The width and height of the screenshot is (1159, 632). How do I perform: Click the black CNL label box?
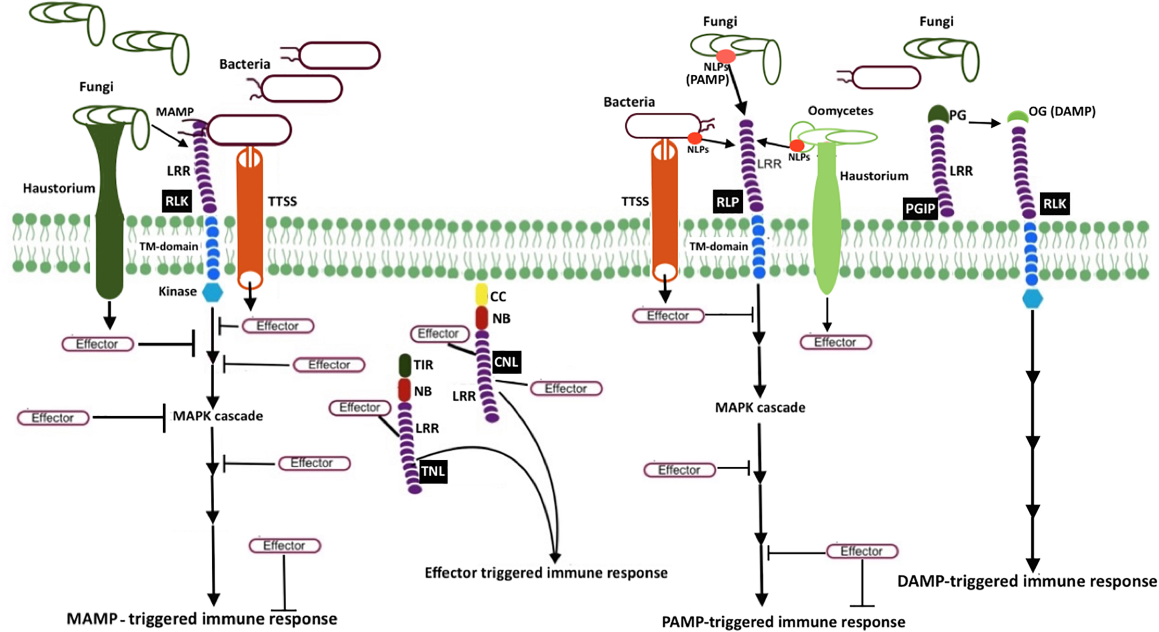[506, 362]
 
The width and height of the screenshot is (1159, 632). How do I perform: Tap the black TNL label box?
[433, 471]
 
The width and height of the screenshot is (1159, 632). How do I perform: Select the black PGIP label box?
[920, 209]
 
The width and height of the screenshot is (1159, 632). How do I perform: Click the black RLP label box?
[727, 202]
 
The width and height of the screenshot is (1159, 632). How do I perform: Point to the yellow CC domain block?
[482, 294]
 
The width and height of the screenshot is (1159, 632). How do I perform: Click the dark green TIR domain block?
[405, 365]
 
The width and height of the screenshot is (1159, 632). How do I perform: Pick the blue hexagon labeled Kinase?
[213, 292]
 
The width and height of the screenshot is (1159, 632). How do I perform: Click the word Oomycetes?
[840, 111]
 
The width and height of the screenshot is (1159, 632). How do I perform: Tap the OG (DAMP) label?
[1062, 111]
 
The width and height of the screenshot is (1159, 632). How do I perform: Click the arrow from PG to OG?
[984, 123]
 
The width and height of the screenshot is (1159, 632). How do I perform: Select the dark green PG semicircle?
[938, 114]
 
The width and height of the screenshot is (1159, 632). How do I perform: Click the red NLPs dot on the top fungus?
[726, 57]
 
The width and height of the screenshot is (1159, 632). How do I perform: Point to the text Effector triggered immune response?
[546, 573]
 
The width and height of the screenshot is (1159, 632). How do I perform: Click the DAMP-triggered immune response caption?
[1027, 581]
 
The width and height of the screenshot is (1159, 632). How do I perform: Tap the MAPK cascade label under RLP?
[760, 407]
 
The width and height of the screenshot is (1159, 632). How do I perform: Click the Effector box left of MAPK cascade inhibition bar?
[53, 418]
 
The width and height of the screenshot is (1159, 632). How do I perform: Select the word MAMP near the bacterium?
[174, 112]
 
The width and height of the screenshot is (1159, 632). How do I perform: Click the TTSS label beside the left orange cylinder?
[282, 201]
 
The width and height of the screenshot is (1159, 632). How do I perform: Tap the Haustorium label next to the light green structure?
[873, 176]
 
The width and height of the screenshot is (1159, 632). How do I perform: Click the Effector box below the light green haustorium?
[835, 342]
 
